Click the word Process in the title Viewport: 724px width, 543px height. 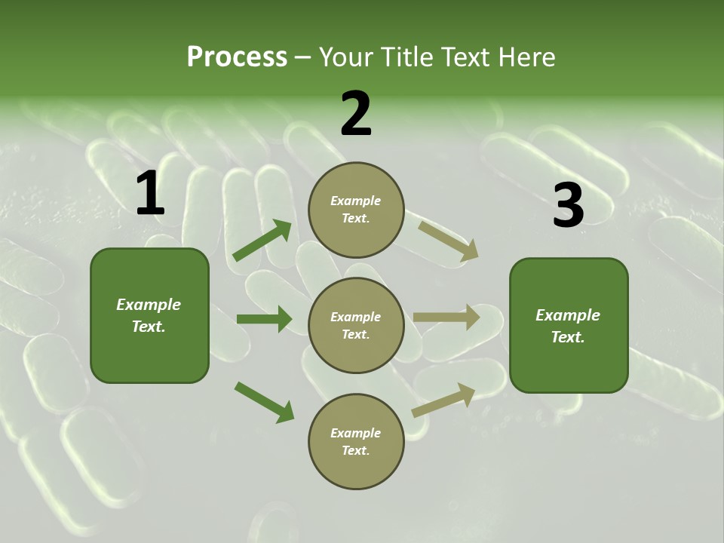[x=237, y=57]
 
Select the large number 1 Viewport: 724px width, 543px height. [x=150, y=194]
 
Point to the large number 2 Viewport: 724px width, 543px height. [x=356, y=114]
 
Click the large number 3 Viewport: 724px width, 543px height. [x=568, y=206]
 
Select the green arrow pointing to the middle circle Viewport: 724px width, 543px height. [x=264, y=319]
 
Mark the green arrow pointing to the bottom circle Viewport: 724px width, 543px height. [x=264, y=401]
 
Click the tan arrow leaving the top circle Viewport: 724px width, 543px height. [x=449, y=241]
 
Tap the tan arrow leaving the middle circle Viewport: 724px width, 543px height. [x=447, y=317]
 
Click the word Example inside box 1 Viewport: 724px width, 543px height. [x=149, y=305]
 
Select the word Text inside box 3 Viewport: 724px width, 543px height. [x=567, y=337]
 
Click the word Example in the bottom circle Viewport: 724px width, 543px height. [x=355, y=433]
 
